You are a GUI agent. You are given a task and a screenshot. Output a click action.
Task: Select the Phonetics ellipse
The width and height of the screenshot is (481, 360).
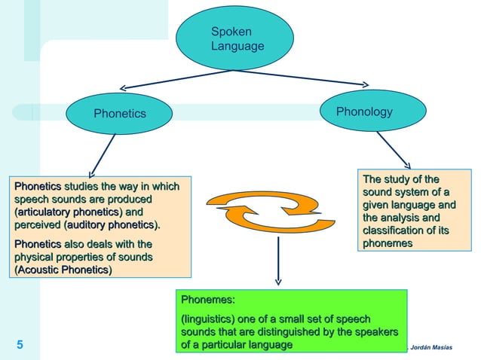[119, 114]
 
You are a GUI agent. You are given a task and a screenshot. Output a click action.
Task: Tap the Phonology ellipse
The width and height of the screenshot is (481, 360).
[365, 112]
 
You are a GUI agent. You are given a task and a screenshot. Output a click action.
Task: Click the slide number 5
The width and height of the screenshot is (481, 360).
[20, 346]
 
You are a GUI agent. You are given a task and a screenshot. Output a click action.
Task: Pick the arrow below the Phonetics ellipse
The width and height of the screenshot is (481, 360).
[102, 156]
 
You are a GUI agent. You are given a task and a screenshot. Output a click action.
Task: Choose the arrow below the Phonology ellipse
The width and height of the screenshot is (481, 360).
[394, 150]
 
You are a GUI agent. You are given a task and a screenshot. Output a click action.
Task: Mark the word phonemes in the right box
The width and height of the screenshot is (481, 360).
[388, 243]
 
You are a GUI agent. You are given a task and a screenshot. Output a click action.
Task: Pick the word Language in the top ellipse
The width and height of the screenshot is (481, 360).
[237, 47]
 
